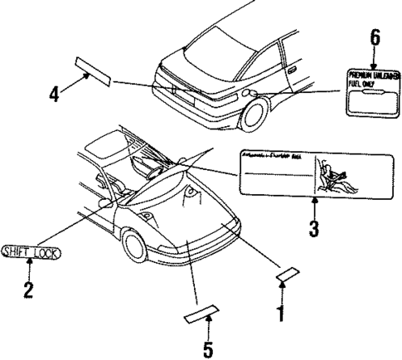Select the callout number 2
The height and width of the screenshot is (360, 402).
coord(29,290)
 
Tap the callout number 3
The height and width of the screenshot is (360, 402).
coord(314,228)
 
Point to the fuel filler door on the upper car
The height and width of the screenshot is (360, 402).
coord(249,94)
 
